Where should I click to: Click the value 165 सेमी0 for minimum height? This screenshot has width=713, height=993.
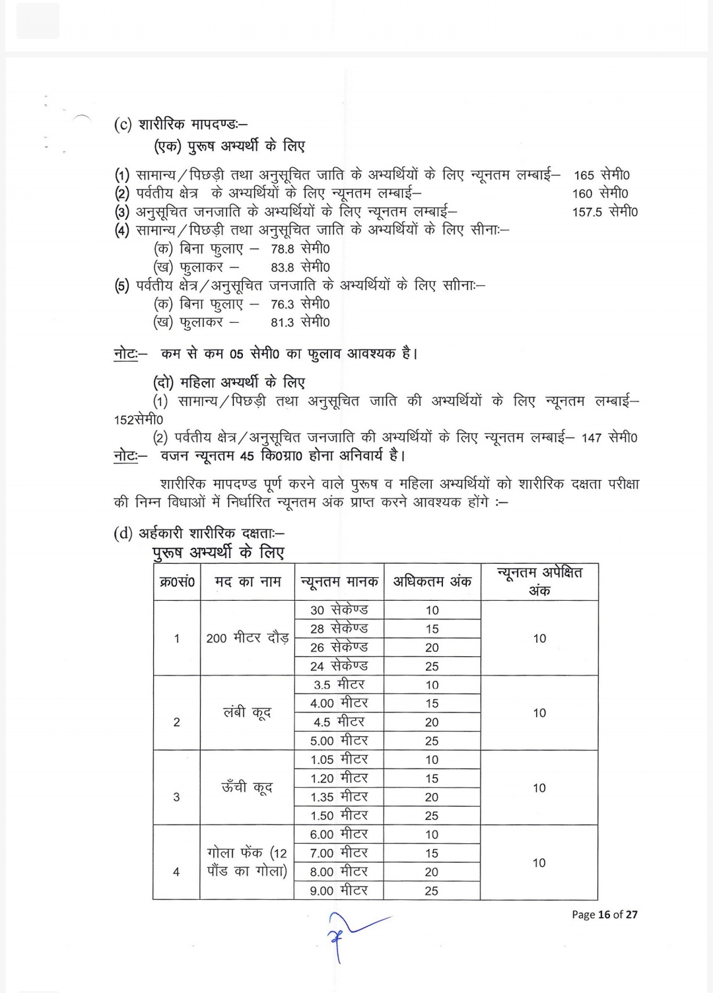(601, 175)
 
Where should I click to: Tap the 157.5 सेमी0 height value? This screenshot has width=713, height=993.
(605, 212)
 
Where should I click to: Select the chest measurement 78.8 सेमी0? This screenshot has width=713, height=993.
(300, 249)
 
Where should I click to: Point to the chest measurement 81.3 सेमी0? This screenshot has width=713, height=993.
(300, 322)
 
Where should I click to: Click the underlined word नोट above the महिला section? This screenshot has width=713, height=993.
(125, 354)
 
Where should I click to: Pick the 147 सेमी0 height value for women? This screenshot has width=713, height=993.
(609, 438)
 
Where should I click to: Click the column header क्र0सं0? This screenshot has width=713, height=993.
(177, 582)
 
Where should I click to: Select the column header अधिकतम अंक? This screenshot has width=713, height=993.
(432, 582)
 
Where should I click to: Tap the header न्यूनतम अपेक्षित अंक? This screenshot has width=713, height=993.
(539, 582)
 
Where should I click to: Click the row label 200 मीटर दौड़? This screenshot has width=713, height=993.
(247, 638)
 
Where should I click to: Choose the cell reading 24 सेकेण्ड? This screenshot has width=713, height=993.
(339, 666)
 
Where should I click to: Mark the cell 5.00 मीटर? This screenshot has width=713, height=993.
(339, 741)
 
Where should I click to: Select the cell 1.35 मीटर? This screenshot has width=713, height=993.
(339, 797)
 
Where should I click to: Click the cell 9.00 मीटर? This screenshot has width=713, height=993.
(339, 891)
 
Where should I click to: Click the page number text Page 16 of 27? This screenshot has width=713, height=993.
(604, 914)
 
